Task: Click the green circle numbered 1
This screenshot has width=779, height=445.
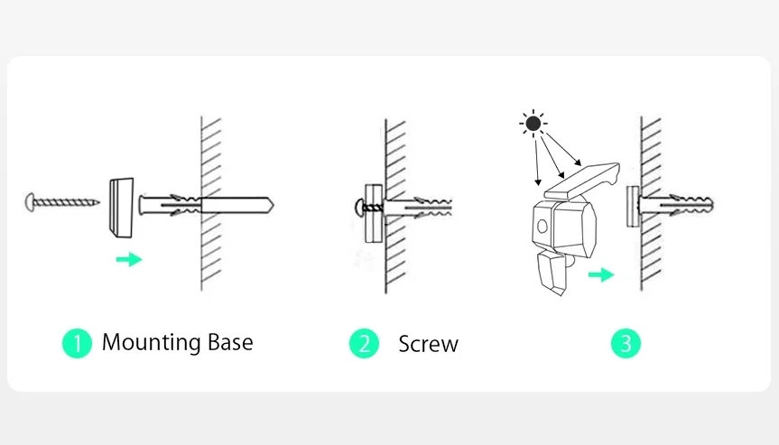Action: click(77, 343)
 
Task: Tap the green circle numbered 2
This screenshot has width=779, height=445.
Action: click(365, 343)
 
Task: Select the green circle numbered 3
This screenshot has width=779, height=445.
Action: click(626, 343)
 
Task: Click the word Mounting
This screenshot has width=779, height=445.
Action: click(151, 343)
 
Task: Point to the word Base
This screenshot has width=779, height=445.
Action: click(229, 342)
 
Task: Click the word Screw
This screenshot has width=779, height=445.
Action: click(428, 344)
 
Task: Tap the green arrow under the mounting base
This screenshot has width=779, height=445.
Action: click(129, 260)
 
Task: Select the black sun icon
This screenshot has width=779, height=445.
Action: click(533, 124)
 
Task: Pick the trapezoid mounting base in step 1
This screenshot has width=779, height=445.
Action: click(119, 204)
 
